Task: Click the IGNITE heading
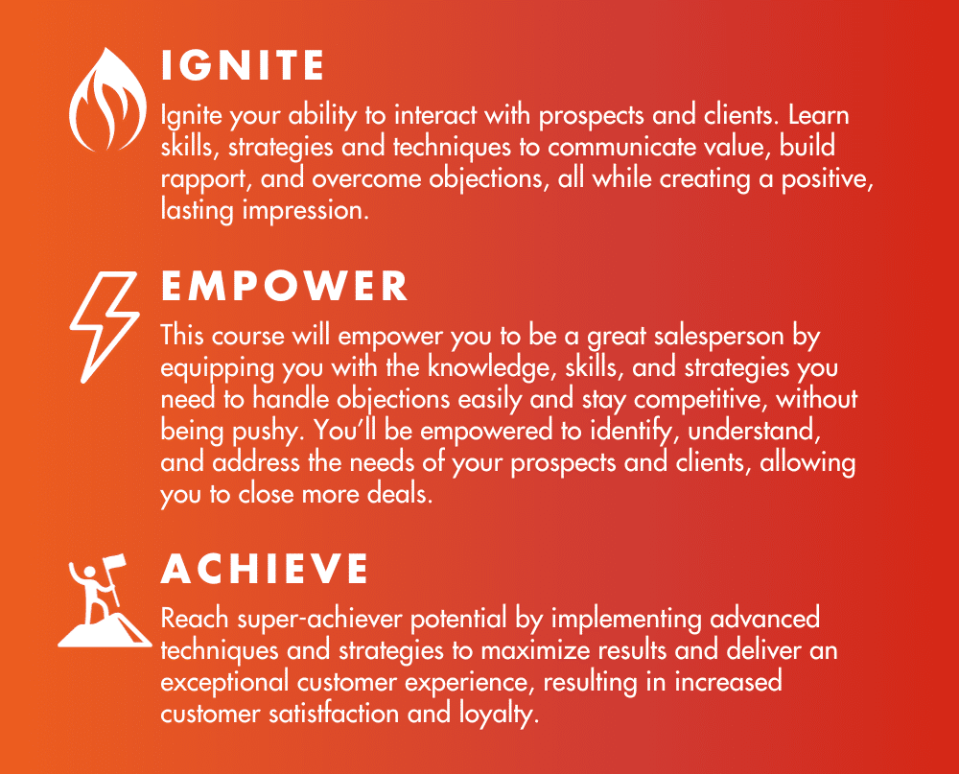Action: coord(243,65)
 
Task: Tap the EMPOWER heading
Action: coord(285,287)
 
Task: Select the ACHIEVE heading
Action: coord(265,569)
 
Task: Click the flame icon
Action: coord(107,99)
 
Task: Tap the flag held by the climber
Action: coord(114,562)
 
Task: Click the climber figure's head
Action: coord(90,572)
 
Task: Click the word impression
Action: coord(305,211)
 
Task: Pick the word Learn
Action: coord(818,115)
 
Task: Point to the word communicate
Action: coord(621,148)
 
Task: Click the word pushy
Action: coord(268,432)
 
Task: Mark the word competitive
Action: coord(700,400)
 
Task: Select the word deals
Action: coord(399,494)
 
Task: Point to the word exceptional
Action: coord(224,683)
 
